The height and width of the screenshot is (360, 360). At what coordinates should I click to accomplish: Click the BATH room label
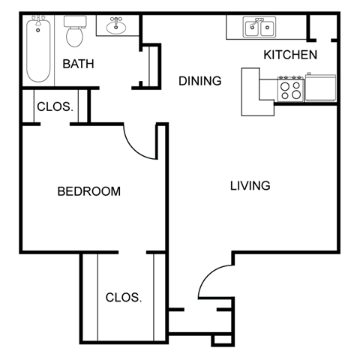coord(78,64)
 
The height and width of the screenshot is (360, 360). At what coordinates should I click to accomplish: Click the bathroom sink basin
coord(116,28)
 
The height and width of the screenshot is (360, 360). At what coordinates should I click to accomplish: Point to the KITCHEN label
coord(290,55)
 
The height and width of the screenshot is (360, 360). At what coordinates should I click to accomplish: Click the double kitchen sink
coord(259,28)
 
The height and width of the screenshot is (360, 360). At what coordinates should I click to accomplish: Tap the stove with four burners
coord(290,88)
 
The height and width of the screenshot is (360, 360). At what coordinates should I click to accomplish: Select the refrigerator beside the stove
coord(320,88)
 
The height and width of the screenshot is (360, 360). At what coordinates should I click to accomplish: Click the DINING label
coord(200,81)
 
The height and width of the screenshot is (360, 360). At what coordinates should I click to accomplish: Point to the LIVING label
coord(250,185)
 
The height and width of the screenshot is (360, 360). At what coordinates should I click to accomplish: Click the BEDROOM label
coord(88,191)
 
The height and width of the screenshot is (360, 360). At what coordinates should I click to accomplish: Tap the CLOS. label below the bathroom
coord(55,106)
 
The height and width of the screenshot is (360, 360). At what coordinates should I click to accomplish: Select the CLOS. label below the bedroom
coord(123,297)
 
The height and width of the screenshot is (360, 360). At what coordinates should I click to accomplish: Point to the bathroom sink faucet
coord(116,20)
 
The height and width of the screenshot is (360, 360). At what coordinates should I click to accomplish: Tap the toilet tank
coord(74,22)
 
